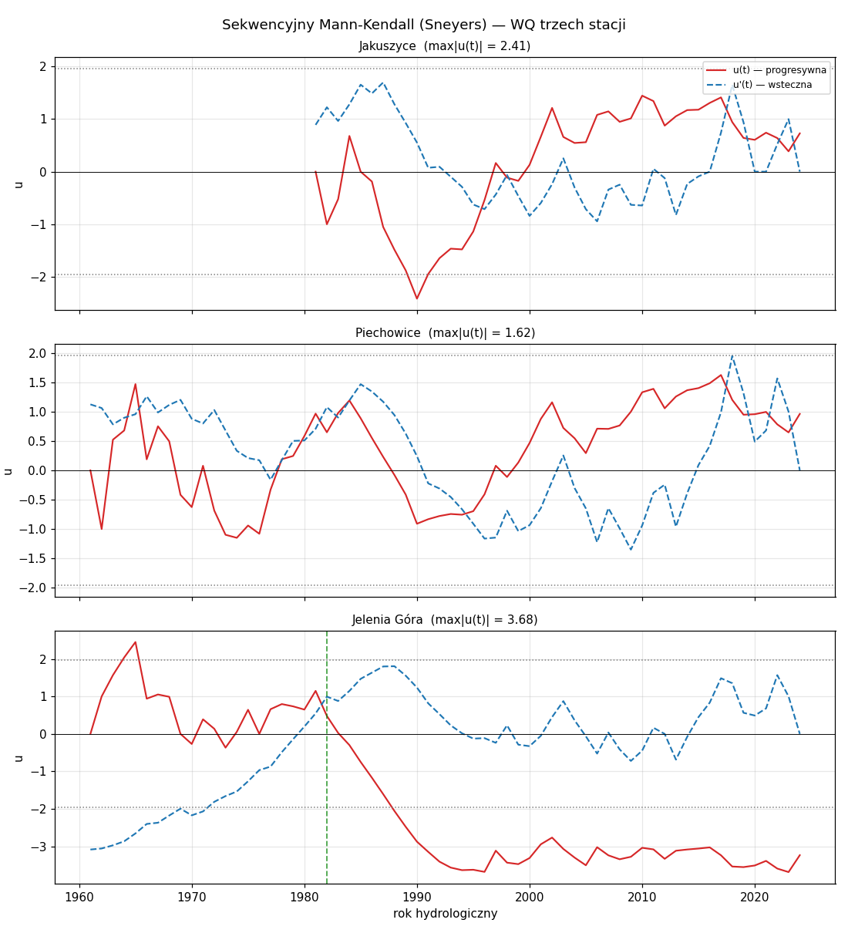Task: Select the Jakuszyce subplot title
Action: pos(444,46)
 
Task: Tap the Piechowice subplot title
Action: pos(445,333)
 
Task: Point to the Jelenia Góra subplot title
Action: pos(444,620)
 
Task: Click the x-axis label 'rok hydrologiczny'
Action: pos(445,914)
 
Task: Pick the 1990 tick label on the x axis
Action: pos(417,898)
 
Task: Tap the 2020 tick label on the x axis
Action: pos(755,898)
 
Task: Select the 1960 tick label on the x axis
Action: pos(79,898)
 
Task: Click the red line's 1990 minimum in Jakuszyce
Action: pos(417,298)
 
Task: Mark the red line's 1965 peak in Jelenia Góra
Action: pos(136,642)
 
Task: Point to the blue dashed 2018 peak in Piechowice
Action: pos(732,355)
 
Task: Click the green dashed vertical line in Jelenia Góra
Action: pos(327,757)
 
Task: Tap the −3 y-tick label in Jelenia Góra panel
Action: pos(39,847)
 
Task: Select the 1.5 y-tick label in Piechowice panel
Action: pos(38,382)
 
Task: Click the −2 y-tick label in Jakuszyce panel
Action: pos(39,278)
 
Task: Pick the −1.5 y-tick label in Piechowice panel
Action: pos(33,558)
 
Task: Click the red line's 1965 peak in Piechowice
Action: pos(136,384)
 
